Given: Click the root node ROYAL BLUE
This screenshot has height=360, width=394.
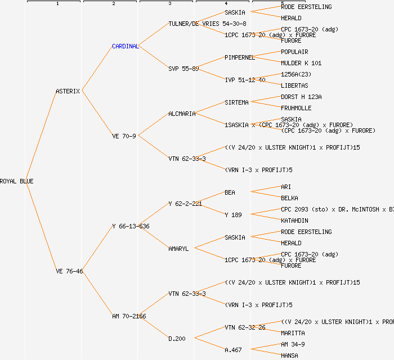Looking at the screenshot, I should click(17, 181).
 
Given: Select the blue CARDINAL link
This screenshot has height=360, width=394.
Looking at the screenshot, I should click(125, 46).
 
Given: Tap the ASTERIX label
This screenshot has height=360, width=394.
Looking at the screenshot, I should click(68, 91).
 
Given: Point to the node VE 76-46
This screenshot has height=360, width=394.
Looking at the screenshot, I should click(69, 271).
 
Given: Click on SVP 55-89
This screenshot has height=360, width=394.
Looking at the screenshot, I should click(183, 69).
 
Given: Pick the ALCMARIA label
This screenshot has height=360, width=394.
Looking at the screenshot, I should click(182, 114).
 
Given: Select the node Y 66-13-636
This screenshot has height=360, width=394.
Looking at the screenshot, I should click(131, 226).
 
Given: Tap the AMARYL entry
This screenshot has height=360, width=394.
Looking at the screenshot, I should click(178, 249).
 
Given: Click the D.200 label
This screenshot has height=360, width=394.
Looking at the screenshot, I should click(177, 339).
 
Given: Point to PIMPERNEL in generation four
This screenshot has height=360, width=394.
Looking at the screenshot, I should click(240, 57).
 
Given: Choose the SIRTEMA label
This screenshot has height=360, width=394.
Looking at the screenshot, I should click(236, 102).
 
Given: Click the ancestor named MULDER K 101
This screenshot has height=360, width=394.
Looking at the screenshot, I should click(301, 63).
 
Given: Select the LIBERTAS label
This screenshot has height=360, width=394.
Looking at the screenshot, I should click(294, 85).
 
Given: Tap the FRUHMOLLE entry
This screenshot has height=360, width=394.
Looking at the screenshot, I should click(296, 108).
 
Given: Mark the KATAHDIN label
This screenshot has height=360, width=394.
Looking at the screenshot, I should click(294, 220).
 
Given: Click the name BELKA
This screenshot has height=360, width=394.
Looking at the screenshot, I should click(289, 198).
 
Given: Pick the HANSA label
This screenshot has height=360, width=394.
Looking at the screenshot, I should click(289, 355).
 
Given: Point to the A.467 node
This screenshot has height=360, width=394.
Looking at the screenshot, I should click(233, 350).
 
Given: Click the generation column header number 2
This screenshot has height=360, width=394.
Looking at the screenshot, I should click(113, 4).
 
